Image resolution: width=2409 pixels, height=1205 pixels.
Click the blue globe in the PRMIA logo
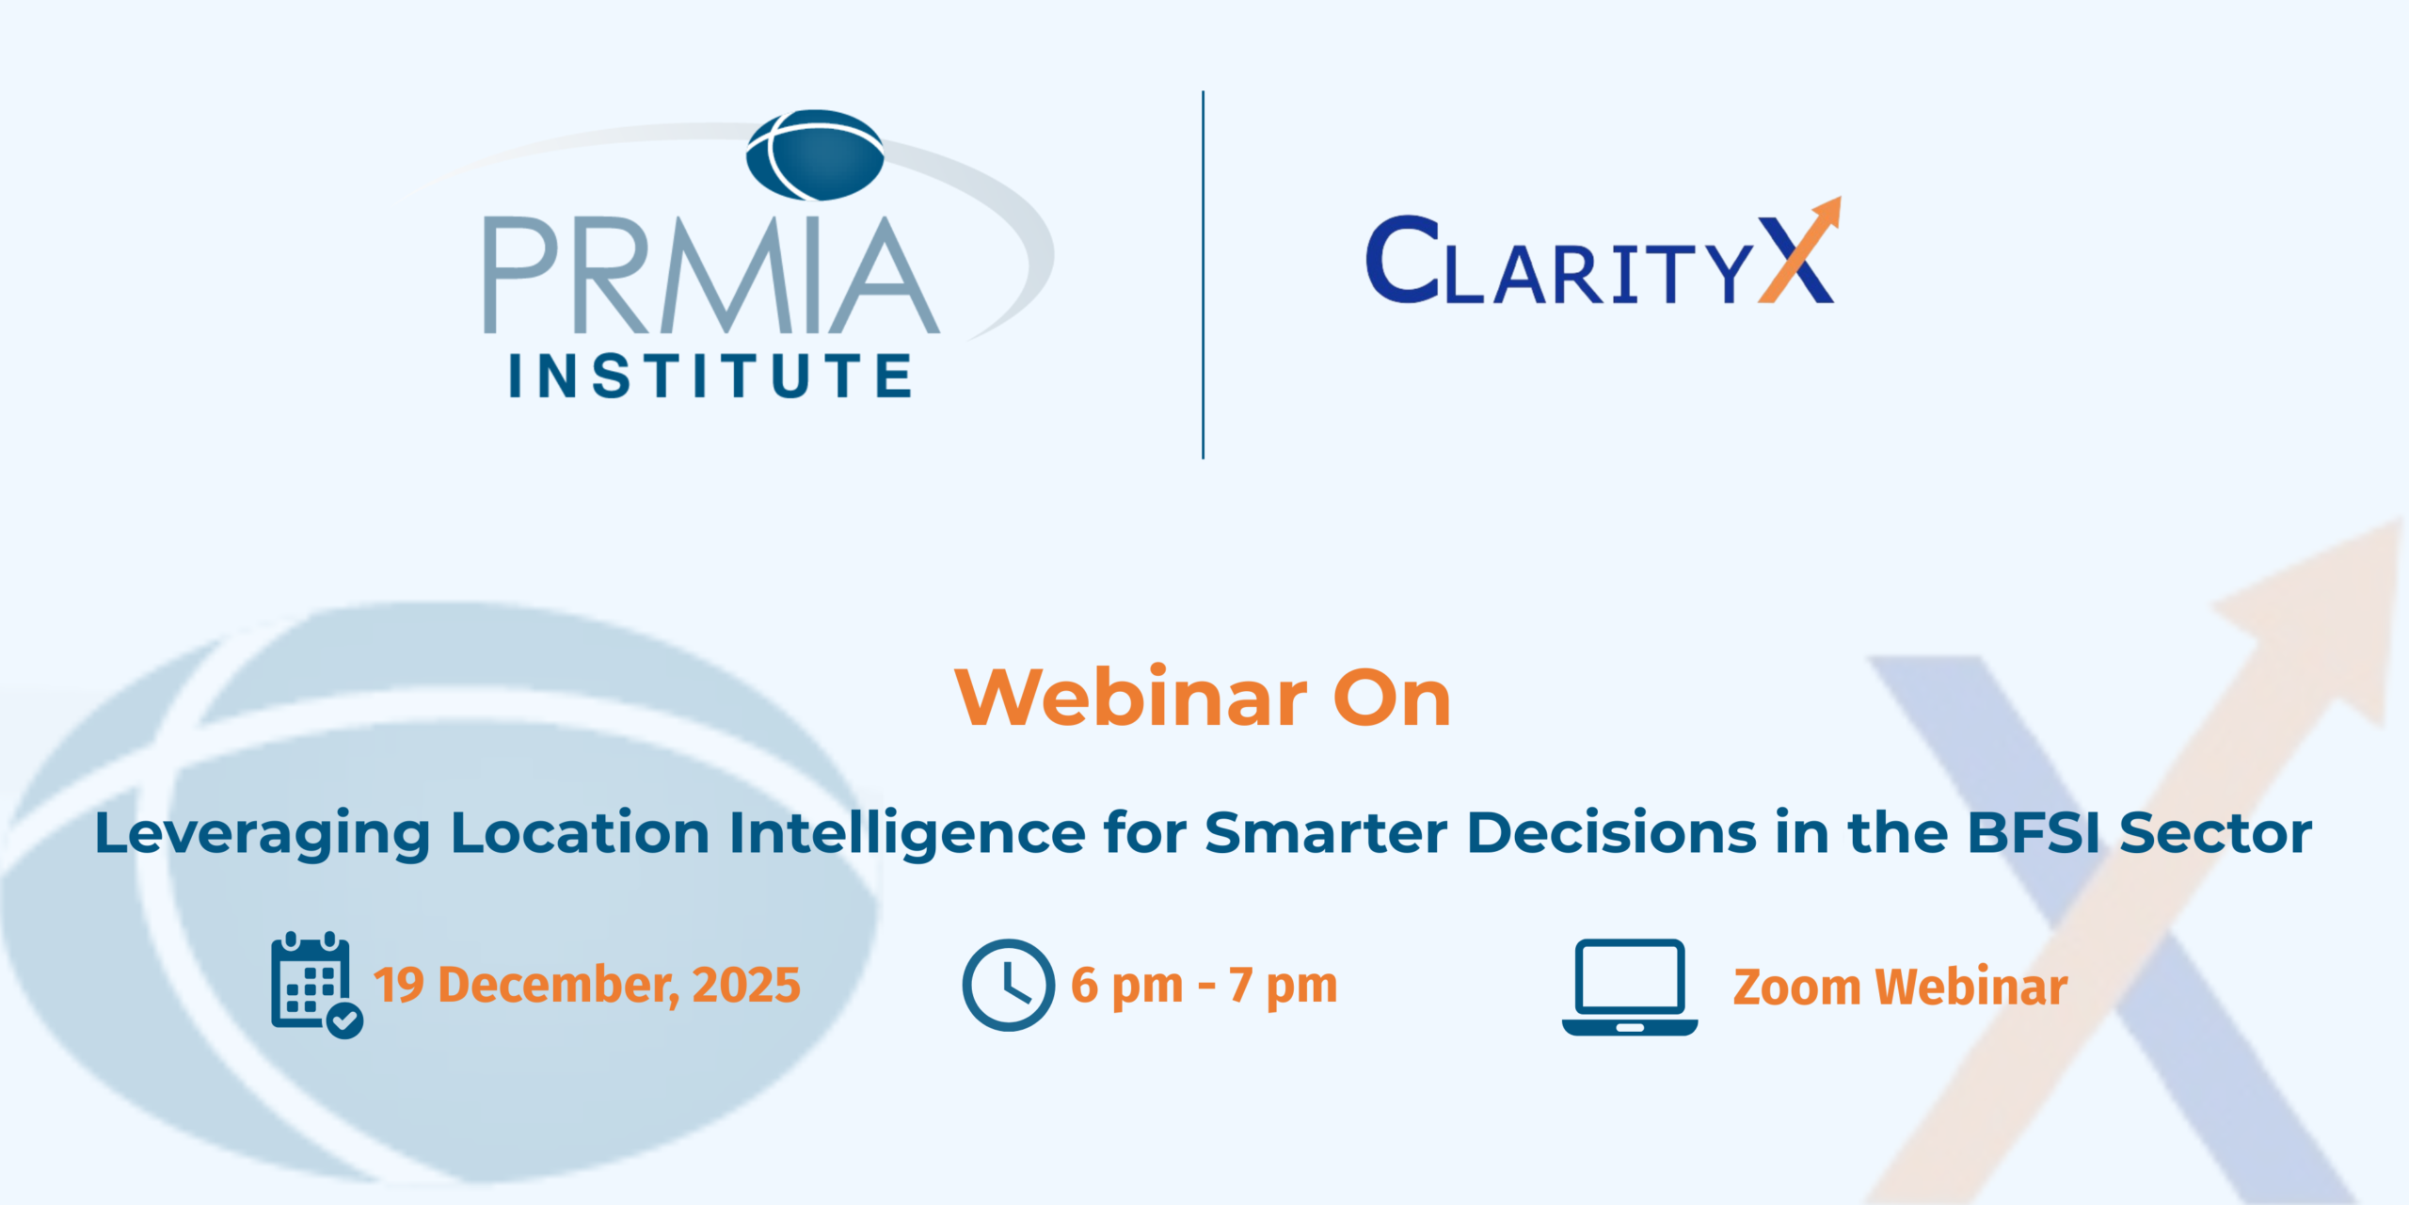coord(815,155)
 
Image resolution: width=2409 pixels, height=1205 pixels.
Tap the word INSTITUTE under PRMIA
coord(710,376)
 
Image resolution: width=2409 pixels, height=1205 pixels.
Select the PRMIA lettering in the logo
coord(711,275)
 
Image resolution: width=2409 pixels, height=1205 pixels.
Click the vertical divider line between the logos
coord(1203,275)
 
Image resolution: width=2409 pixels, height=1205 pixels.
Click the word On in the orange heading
coord(1393,699)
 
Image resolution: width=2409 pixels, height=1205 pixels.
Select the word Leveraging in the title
coord(263,834)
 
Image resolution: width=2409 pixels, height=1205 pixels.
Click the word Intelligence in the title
coord(907,834)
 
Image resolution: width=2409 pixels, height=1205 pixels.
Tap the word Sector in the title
coord(2216,833)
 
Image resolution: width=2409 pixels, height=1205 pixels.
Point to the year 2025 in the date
coord(746,985)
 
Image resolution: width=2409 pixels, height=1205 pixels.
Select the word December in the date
coord(559,986)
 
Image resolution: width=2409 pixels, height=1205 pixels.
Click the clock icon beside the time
coord(1008,985)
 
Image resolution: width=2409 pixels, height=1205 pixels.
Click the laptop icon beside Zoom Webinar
coord(1630,987)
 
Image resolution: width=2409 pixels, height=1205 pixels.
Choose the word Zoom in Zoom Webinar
coord(1796,988)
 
